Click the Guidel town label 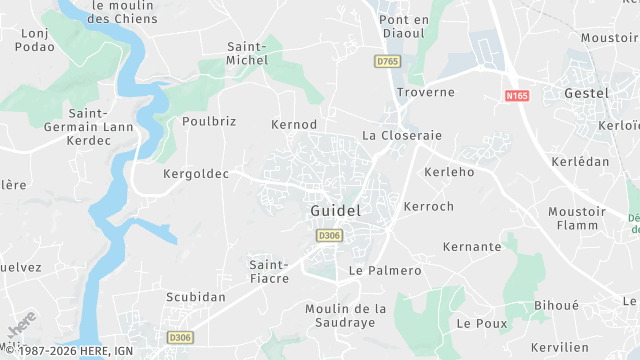pyautogui.click(x=335, y=212)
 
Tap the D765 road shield pyautogui.click(x=387, y=62)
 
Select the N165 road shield pyautogui.click(x=517, y=95)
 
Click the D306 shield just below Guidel pyautogui.click(x=329, y=235)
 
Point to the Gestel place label pyautogui.click(x=586, y=92)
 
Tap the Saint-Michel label pyautogui.click(x=248, y=53)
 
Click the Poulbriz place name pyautogui.click(x=209, y=121)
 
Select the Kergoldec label pyautogui.click(x=196, y=173)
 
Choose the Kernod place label pyautogui.click(x=294, y=124)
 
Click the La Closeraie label pyautogui.click(x=402, y=135)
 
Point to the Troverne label pyautogui.click(x=426, y=92)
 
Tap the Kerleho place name pyautogui.click(x=449, y=172)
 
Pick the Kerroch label pyautogui.click(x=429, y=206)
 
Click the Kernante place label pyautogui.click(x=472, y=246)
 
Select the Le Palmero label pyautogui.click(x=385, y=271)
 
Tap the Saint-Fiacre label pyautogui.click(x=269, y=271)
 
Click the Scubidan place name pyautogui.click(x=196, y=298)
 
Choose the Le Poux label pyautogui.click(x=482, y=323)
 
